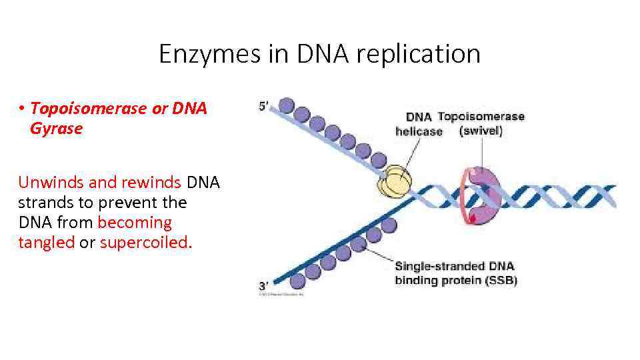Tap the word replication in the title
(x=418, y=54)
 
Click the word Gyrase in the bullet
(x=56, y=129)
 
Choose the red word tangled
(x=46, y=243)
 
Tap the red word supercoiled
(x=146, y=243)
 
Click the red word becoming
(x=135, y=222)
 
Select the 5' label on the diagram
(x=264, y=106)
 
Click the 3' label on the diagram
(x=265, y=286)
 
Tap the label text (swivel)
(x=481, y=131)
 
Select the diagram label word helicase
(x=419, y=131)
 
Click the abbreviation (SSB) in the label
(x=497, y=280)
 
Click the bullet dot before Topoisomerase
(x=22, y=109)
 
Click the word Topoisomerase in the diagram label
(x=481, y=117)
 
